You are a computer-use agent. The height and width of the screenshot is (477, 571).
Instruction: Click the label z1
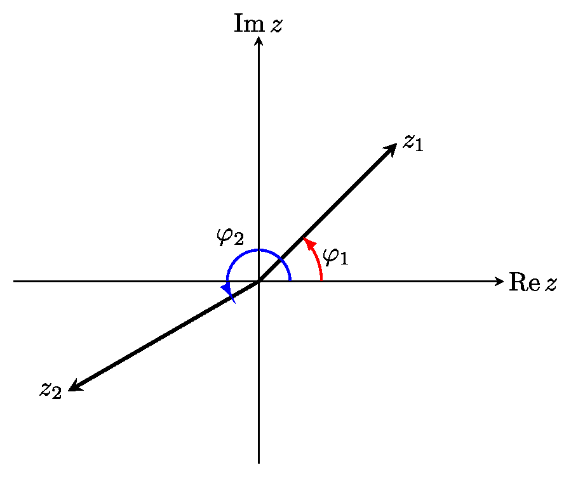(x=412, y=142)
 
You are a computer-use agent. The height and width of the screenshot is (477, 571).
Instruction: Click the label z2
(x=50, y=389)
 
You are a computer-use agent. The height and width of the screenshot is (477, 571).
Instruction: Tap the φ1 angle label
(x=336, y=257)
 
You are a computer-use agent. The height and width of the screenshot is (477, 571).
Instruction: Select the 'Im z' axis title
(x=258, y=23)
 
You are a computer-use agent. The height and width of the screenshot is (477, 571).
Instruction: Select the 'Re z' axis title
(x=532, y=283)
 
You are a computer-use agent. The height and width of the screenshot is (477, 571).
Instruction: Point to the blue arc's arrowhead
(x=228, y=292)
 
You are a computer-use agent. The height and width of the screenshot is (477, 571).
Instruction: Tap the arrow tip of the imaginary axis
(x=259, y=39)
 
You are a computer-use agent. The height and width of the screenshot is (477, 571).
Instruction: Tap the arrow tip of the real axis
(x=500, y=281)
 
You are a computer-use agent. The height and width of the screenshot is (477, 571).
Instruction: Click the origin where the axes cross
(x=259, y=281)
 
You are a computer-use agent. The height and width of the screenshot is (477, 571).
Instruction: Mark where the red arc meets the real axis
(x=322, y=281)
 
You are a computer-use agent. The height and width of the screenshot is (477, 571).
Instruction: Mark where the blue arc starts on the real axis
(x=290, y=281)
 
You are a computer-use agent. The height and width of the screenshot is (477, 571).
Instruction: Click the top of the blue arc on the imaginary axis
(x=259, y=250)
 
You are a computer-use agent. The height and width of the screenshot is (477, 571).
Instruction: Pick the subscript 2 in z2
(x=57, y=393)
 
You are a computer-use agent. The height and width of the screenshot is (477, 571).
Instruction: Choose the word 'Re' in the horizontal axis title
(x=523, y=283)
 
